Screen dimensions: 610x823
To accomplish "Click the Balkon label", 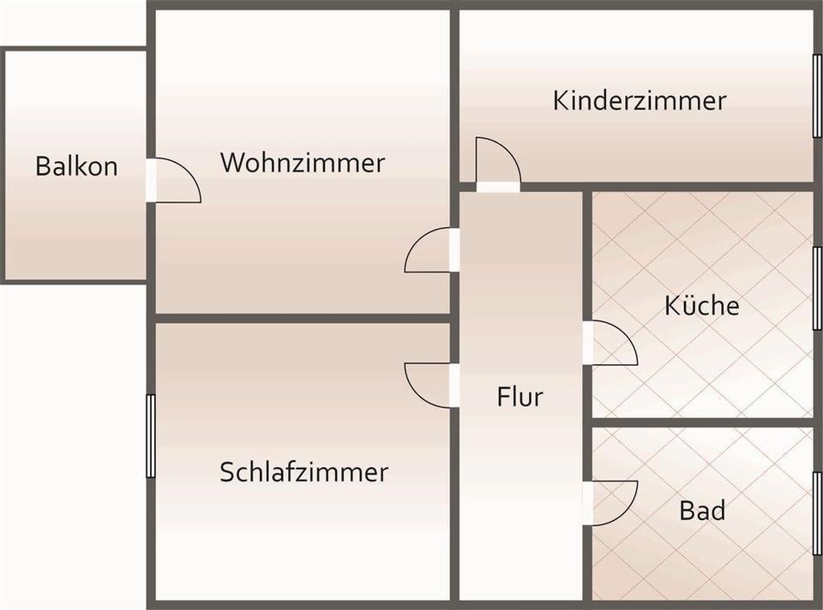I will tap(76, 166).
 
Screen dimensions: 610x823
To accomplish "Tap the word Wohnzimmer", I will tap(303, 162).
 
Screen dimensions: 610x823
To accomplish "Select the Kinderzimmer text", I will tap(640, 100).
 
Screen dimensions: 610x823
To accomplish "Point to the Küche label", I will tap(701, 305).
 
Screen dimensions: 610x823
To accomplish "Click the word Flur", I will tap(520, 397).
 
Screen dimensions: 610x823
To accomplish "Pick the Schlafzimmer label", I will tap(303, 471).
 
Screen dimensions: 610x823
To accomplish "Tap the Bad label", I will tap(702, 511).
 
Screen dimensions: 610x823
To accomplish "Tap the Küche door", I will tap(612, 343).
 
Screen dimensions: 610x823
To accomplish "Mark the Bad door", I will tap(612, 503).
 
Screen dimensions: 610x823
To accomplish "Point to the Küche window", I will tap(816, 288).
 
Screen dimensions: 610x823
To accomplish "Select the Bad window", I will tap(816, 512).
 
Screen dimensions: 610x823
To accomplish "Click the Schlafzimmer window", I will tap(151, 435).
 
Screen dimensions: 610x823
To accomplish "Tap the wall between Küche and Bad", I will tap(701, 422).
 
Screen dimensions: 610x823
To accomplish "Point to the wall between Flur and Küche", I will tap(587, 257).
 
